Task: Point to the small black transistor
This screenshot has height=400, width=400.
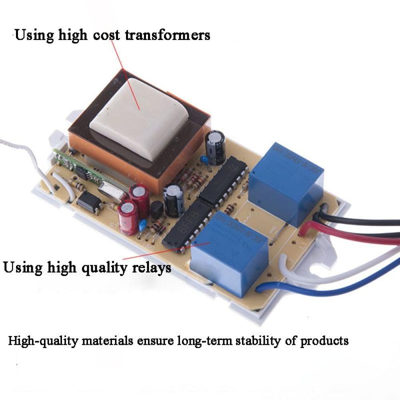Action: click(x=157, y=210)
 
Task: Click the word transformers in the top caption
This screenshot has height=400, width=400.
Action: click(x=168, y=35)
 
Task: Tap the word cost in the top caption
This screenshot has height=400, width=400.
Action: click(x=106, y=35)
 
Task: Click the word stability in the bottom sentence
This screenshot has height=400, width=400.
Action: click(x=259, y=341)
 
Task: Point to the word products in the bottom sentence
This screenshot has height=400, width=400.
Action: click(x=324, y=341)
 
